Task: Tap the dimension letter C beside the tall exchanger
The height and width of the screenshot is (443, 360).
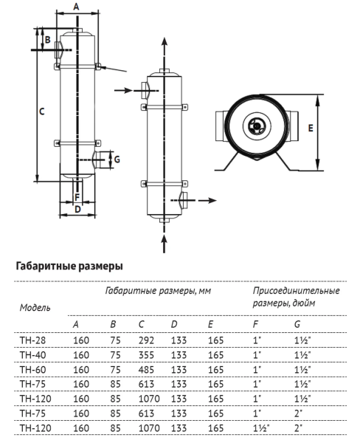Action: point(42,111)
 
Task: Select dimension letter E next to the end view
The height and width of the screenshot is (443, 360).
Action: point(311,128)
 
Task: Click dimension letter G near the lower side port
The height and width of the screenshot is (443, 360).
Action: point(117,158)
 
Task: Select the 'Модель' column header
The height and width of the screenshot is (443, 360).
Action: point(35,307)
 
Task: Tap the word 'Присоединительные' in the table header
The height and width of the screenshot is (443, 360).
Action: point(296,291)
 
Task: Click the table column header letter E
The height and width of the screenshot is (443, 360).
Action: point(210,325)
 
